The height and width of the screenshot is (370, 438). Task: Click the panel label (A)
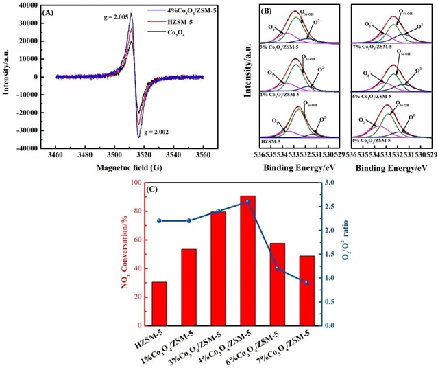(49, 12)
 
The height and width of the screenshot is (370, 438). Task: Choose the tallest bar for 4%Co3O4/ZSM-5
(247, 261)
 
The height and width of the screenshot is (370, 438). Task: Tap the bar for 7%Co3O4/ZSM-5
(306, 290)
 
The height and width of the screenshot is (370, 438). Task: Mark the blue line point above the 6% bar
(277, 268)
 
